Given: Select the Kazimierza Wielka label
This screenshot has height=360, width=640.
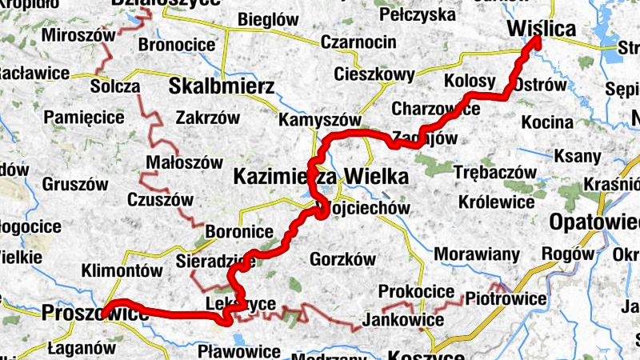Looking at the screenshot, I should pyautogui.click(x=320, y=177).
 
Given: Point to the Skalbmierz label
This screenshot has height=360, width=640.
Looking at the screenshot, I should pyautogui.click(x=222, y=86).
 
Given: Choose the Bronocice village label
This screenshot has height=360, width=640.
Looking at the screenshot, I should pyautogui.click(x=177, y=45).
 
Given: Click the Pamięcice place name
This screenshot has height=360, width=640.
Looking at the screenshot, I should pyautogui.click(x=84, y=118).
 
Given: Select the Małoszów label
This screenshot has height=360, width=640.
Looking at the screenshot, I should pyautogui.click(x=184, y=162).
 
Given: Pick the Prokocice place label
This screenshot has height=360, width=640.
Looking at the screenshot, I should pyautogui.click(x=416, y=291).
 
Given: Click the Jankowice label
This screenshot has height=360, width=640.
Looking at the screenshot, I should pyautogui.click(x=403, y=320).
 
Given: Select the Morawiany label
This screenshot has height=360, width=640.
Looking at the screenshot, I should pyautogui.click(x=478, y=255).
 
